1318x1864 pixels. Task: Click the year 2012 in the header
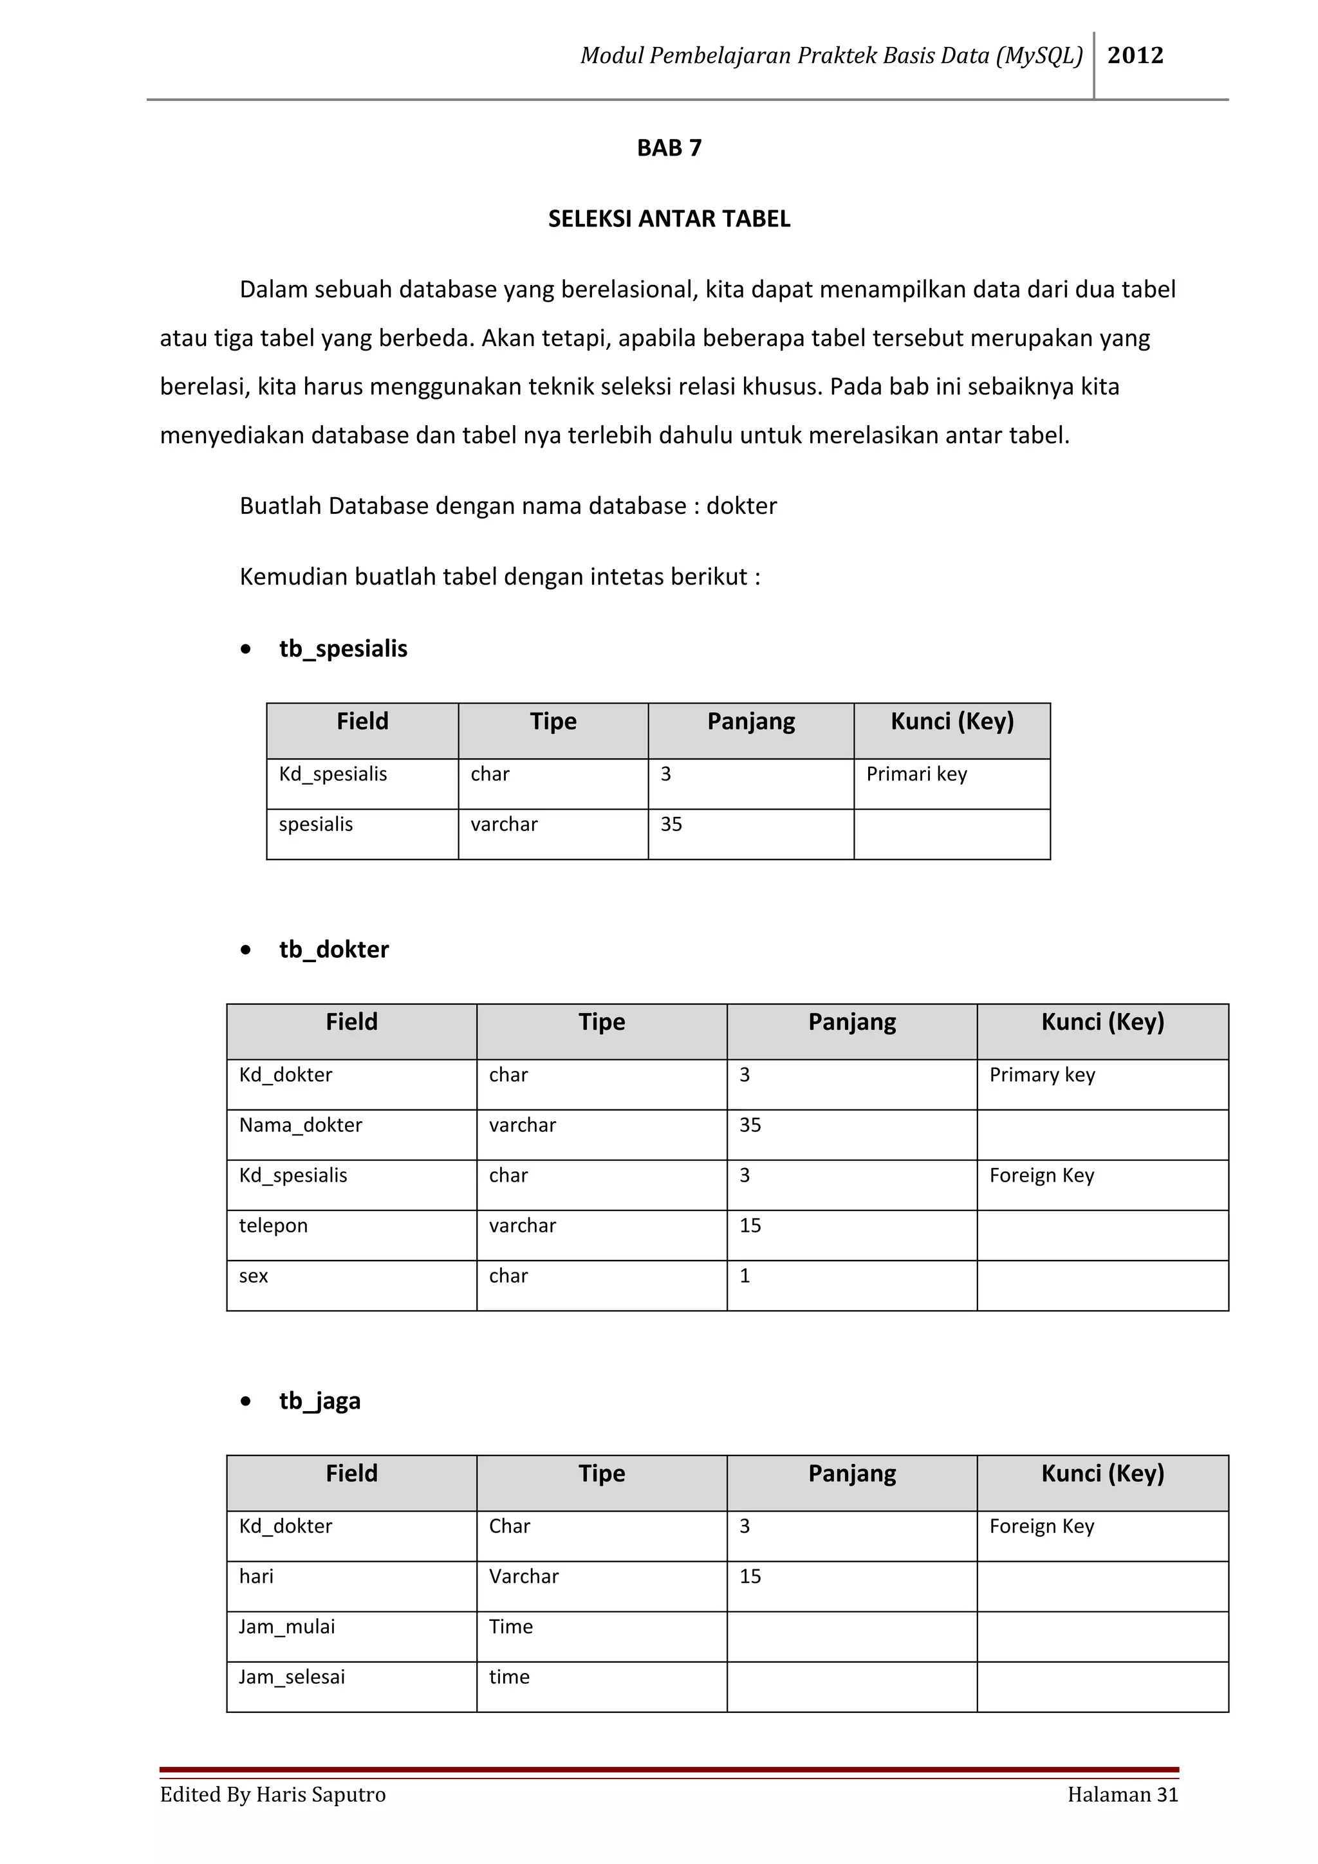pyautogui.click(x=1135, y=55)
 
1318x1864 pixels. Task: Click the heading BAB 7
pyautogui.click(x=669, y=148)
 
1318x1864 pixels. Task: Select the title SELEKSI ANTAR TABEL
pyautogui.click(x=669, y=219)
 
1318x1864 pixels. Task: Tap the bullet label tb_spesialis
pyautogui.click(x=343, y=648)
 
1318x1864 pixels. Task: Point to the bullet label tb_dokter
pyautogui.click(x=334, y=949)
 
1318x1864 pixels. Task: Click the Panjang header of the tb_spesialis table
pyautogui.click(x=750, y=722)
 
